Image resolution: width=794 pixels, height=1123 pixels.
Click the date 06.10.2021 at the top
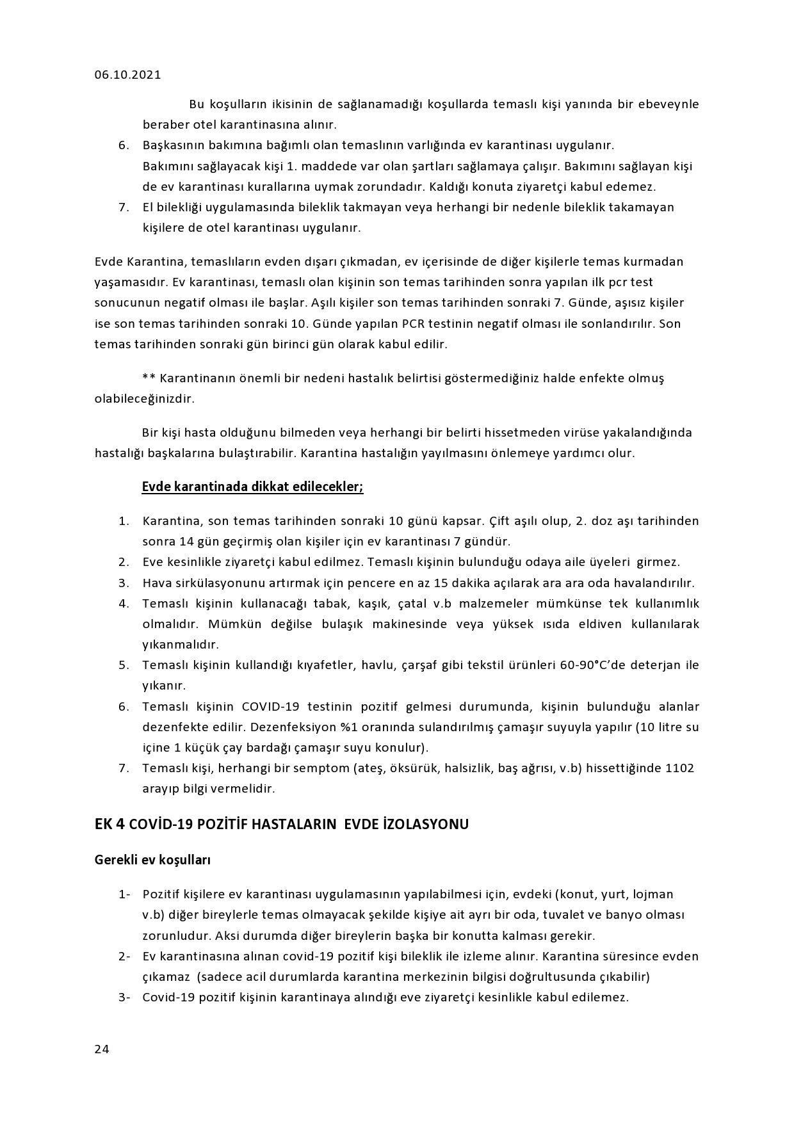point(127,75)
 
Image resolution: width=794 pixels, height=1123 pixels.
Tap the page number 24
point(102,1049)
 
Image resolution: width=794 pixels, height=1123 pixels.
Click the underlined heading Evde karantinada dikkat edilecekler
point(252,487)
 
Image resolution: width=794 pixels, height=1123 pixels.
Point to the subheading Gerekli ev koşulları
point(152,860)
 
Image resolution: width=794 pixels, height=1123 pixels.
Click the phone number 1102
point(680,768)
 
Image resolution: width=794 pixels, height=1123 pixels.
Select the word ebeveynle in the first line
point(668,104)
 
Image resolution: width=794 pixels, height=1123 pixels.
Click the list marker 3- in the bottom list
point(124,997)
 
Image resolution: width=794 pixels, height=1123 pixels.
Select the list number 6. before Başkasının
point(124,145)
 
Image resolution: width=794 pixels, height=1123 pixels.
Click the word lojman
point(652,894)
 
